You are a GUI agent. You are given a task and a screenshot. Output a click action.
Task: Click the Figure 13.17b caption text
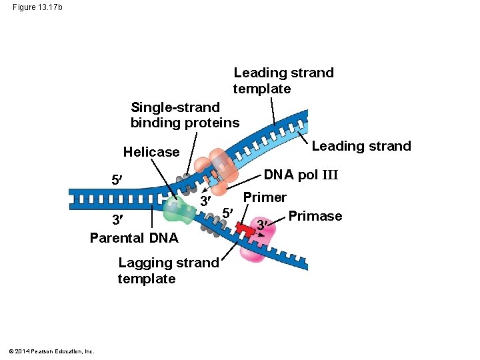(x=37, y=7)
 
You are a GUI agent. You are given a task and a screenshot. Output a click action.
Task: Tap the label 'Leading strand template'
(x=283, y=81)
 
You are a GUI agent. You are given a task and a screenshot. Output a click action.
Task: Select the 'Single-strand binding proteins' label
(x=184, y=115)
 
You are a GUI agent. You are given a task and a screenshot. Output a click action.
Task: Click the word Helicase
(x=151, y=152)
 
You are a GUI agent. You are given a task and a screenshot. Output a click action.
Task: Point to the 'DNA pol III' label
(x=301, y=175)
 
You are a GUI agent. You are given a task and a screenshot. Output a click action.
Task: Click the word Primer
(x=265, y=197)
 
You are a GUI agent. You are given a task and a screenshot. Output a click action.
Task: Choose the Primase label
(x=315, y=216)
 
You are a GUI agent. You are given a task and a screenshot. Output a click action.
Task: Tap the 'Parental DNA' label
(x=134, y=238)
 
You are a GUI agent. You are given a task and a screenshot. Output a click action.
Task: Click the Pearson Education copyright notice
(x=51, y=351)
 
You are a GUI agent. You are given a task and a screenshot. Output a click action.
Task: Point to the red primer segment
(x=247, y=230)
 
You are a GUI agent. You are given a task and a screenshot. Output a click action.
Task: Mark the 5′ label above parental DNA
(x=116, y=180)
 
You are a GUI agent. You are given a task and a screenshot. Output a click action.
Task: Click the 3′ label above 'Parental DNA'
(x=117, y=221)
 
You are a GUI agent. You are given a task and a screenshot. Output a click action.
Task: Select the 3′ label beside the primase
(x=263, y=224)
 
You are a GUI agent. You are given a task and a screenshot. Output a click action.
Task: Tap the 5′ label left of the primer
(x=227, y=213)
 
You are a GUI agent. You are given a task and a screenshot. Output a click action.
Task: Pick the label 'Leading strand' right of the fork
(x=361, y=146)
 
